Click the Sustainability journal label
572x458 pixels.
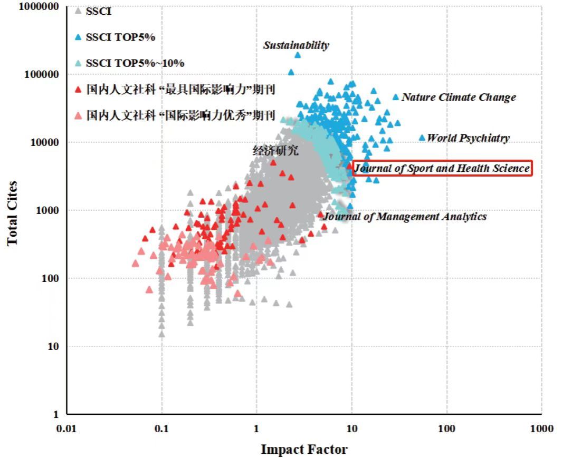point(296,45)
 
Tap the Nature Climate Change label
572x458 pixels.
point(459,98)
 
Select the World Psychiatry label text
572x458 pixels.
point(468,138)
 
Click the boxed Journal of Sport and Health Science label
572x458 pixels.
point(442,168)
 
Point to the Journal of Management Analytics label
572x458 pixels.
point(405,216)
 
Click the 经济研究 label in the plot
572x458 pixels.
point(275,151)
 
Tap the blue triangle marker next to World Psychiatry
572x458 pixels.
point(422,138)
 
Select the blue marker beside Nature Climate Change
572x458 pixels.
point(396,97)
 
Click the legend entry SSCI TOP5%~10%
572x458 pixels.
point(135,63)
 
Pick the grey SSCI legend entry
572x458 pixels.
point(99,11)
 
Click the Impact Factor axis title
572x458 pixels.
point(304,450)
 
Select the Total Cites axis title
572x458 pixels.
point(12,213)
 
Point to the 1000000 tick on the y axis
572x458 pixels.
point(39,7)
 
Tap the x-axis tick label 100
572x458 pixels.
point(446,428)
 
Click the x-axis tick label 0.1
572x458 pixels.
point(161,428)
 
